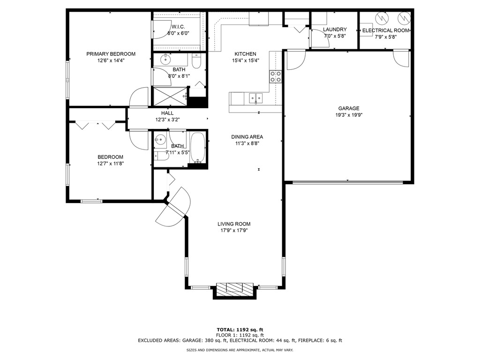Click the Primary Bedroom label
coord(111,54)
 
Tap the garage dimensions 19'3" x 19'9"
coord(349,115)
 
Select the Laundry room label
coord(335,30)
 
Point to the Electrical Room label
coord(386,30)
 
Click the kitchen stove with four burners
coord(276,76)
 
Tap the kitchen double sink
coord(255,98)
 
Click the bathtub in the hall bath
coord(198,148)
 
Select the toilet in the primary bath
coord(196,62)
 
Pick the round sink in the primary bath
coord(165,60)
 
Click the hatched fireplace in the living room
coord(235,290)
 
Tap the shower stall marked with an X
coord(170,97)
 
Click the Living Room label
coord(234,224)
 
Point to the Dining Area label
coord(247,137)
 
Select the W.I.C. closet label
coord(178,27)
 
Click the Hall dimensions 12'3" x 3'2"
coord(167,120)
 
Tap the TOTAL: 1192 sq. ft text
coord(240,330)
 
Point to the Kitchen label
coord(246,54)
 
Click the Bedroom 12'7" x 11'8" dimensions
coord(111,164)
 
